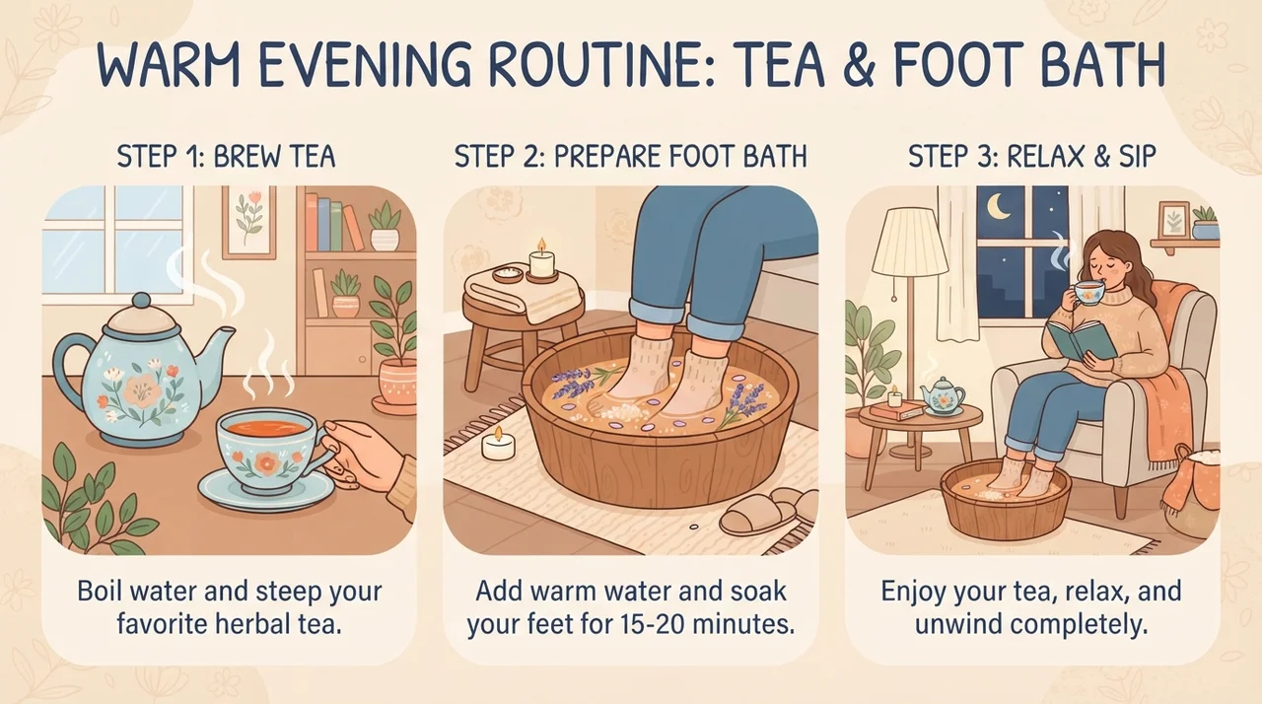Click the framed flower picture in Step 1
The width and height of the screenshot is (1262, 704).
point(249,223)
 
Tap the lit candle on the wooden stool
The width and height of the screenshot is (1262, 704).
point(542,260)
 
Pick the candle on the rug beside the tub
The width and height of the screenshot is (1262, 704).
point(498,445)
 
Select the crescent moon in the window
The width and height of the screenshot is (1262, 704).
point(999,207)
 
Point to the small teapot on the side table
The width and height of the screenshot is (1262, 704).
point(942,397)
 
